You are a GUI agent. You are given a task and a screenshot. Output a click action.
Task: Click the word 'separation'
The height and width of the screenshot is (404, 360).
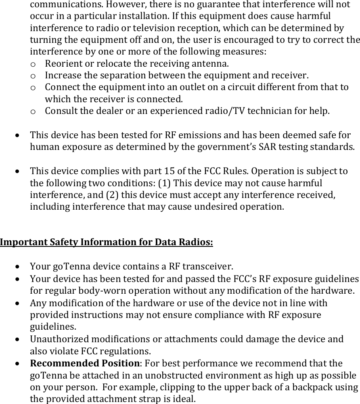[123, 76]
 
